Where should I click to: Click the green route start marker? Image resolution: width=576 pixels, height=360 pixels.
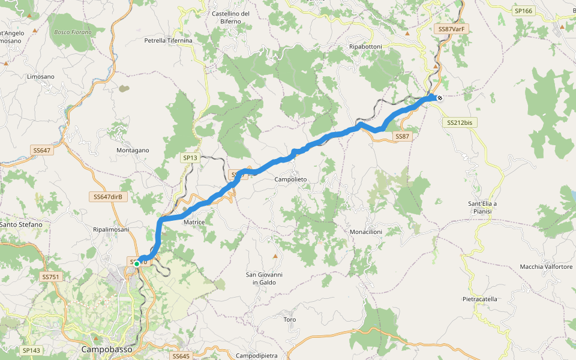tap(137, 263)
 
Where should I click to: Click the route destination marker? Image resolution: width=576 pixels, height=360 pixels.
tap(440, 98)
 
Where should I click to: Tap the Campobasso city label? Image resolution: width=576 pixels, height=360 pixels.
tap(106, 349)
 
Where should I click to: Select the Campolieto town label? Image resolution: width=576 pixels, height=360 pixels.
tap(290, 179)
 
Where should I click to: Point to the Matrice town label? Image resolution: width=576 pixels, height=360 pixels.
tap(194, 222)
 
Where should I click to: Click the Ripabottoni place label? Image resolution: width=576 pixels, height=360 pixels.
tap(370, 46)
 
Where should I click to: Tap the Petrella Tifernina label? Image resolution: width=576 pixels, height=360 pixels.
tap(168, 41)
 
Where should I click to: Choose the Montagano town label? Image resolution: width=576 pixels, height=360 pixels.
tap(132, 150)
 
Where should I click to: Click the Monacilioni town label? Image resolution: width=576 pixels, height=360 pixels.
tap(366, 232)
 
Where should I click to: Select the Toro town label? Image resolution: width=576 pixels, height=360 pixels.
tap(290, 320)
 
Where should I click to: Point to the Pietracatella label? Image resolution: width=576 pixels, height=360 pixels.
tap(481, 299)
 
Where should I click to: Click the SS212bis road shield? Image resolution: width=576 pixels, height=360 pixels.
tap(460, 122)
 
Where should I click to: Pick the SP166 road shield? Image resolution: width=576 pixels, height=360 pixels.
tap(523, 11)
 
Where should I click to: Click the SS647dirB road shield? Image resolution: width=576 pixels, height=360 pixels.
tap(109, 197)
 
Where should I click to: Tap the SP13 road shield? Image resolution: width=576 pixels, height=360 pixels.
tap(190, 158)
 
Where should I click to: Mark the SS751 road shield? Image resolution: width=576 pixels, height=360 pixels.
tap(50, 277)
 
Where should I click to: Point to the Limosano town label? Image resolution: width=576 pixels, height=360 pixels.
tap(41, 77)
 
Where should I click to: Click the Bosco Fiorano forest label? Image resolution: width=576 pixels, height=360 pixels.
tap(73, 32)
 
